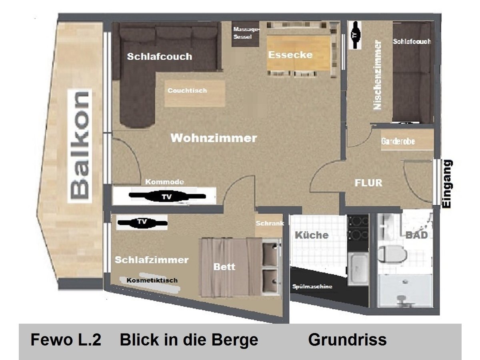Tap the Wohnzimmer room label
coord(214,138)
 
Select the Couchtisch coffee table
coord(195,93)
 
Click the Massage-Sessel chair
coord(246,34)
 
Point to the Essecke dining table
coord(298,54)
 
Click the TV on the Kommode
coord(165,197)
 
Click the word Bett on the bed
coord(224,267)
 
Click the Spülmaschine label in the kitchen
coord(312,286)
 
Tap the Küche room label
coord(312,235)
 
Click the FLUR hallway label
coord(368,183)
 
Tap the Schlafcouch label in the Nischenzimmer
coord(412,42)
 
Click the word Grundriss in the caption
coord(347,340)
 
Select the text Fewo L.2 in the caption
coord(66,340)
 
